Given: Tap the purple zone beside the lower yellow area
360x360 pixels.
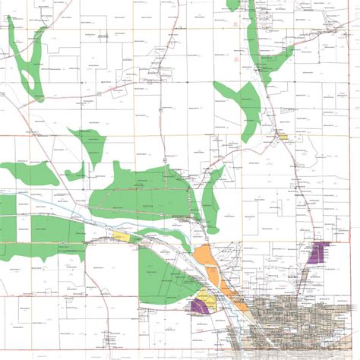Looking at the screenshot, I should pos(200,305).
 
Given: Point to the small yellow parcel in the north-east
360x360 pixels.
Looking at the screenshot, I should pos(284,137).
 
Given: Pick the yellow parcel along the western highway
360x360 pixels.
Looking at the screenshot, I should pos(121,237).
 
